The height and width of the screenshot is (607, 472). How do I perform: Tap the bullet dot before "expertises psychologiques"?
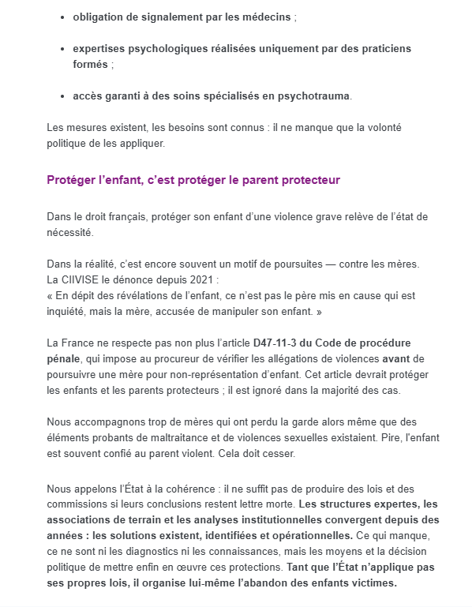click(62, 49)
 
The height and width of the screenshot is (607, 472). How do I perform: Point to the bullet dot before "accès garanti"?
click(62, 96)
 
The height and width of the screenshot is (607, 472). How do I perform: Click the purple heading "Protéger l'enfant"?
click(193, 180)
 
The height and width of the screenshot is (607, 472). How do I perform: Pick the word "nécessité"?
click(69, 232)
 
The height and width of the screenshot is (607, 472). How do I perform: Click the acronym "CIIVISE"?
click(84, 279)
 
